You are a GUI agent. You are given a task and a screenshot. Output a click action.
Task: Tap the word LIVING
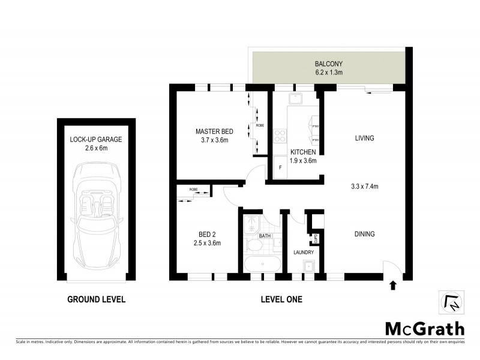click(364, 138)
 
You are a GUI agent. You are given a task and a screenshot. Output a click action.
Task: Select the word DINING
click(364, 234)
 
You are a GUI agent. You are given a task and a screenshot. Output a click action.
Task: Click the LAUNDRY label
click(303, 253)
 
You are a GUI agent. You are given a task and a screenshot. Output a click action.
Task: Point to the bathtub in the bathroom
click(262, 264)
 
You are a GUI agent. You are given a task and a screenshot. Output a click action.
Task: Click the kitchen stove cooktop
click(280, 136)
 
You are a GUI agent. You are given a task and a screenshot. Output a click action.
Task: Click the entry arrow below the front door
click(393, 285)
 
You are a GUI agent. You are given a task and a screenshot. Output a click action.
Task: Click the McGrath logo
click(424, 328)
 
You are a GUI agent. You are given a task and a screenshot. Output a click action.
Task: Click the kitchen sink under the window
click(296, 99)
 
